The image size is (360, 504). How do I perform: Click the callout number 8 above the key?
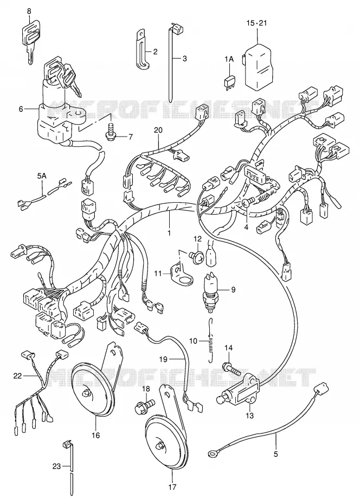(x=29, y=11)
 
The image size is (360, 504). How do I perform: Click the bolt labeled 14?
(x=232, y=368)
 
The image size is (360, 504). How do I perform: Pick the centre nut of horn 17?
(x=160, y=446)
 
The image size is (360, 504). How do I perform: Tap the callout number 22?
(x=17, y=375)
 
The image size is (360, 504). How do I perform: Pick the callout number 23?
(x=56, y=466)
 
